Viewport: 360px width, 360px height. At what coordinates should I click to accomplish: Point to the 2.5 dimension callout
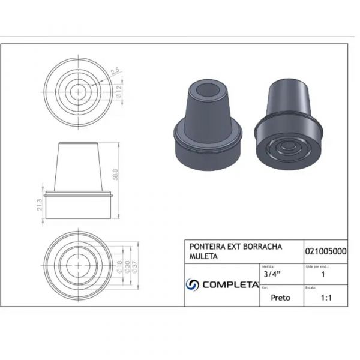115,71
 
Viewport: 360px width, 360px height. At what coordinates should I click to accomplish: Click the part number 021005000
325,251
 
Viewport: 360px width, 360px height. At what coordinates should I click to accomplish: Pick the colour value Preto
281,297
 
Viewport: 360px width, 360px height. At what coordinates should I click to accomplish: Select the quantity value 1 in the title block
324,275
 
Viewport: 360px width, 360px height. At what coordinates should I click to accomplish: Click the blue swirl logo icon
193,284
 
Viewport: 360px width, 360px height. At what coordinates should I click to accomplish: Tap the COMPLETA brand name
230,285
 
